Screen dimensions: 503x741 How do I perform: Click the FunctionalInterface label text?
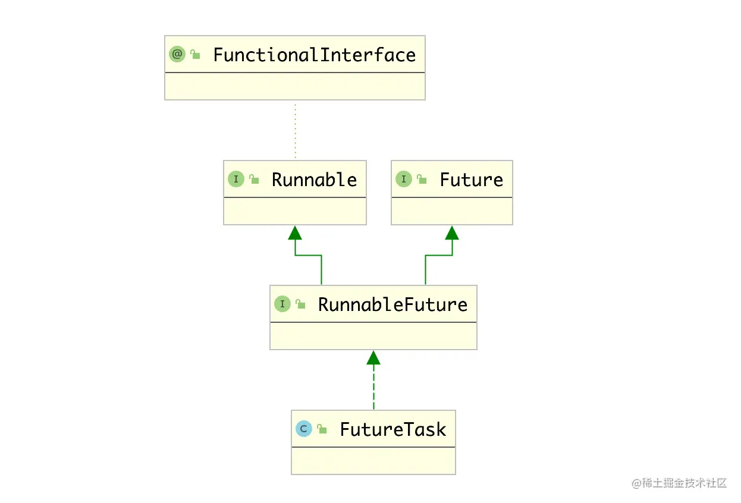pyautogui.click(x=314, y=55)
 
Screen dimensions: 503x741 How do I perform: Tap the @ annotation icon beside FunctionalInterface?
pyautogui.click(x=177, y=55)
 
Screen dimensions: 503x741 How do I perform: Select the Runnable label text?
pyautogui.click(x=314, y=180)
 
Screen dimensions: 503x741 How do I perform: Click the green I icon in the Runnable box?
pyautogui.click(x=236, y=179)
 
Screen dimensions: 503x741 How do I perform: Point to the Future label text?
pyautogui.click(x=471, y=180)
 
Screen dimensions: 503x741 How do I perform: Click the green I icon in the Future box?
pyautogui.click(x=404, y=179)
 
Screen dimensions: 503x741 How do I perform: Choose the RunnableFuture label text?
pyautogui.click(x=393, y=304)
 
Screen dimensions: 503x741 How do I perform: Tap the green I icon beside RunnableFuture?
pyautogui.click(x=282, y=304)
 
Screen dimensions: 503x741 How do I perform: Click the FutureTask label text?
pyautogui.click(x=393, y=429)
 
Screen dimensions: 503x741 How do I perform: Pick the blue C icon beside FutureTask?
pyautogui.click(x=304, y=429)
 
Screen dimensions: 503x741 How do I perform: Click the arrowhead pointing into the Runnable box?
pyautogui.click(x=295, y=232)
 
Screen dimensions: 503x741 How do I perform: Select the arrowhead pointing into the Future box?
pyautogui.click(x=452, y=232)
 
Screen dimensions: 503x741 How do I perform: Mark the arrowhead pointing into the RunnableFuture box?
pyautogui.click(x=373, y=357)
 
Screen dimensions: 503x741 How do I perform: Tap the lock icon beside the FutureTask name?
pyautogui.click(x=322, y=429)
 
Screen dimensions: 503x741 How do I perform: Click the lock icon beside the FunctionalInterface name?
pyautogui.click(x=195, y=55)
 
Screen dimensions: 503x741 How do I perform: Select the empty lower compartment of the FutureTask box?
pyautogui.click(x=373, y=460)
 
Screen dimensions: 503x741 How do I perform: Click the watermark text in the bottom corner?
pyautogui.click(x=679, y=483)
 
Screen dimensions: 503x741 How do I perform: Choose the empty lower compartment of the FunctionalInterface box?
pyautogui.click(x=295, y=86)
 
